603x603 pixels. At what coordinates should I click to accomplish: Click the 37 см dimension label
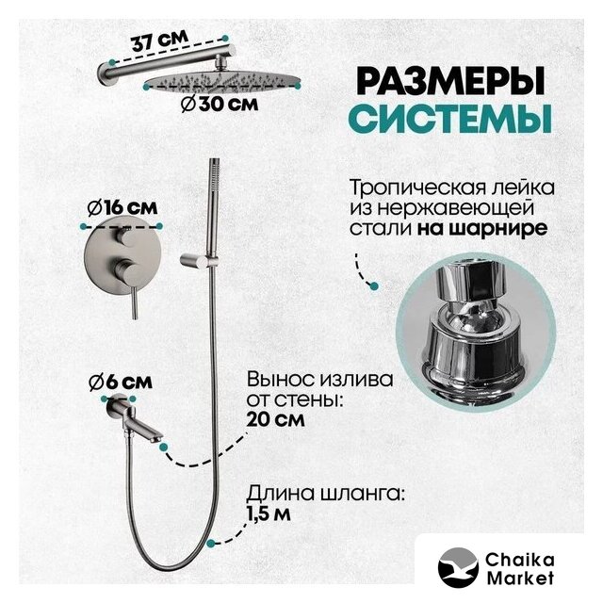click(160, 41)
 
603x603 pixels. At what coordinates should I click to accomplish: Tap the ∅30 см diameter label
click(220, 105)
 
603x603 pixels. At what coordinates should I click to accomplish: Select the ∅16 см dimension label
click(122, 208)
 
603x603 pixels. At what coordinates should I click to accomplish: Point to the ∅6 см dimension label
click(121, 382)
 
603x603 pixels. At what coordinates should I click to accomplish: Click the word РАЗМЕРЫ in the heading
click(450, 81)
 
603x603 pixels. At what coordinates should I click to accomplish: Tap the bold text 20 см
click(275, 419)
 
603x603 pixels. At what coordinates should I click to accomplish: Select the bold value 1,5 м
click(268, 513)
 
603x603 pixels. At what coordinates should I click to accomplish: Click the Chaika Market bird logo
click(458, 567)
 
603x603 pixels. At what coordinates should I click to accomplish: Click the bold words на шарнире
click(482, 229)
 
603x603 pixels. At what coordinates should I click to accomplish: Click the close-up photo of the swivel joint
click(476, 331)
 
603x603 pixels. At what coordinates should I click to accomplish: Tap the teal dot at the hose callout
click(210, 543)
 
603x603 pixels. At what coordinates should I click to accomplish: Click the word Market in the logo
click(520, 578)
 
